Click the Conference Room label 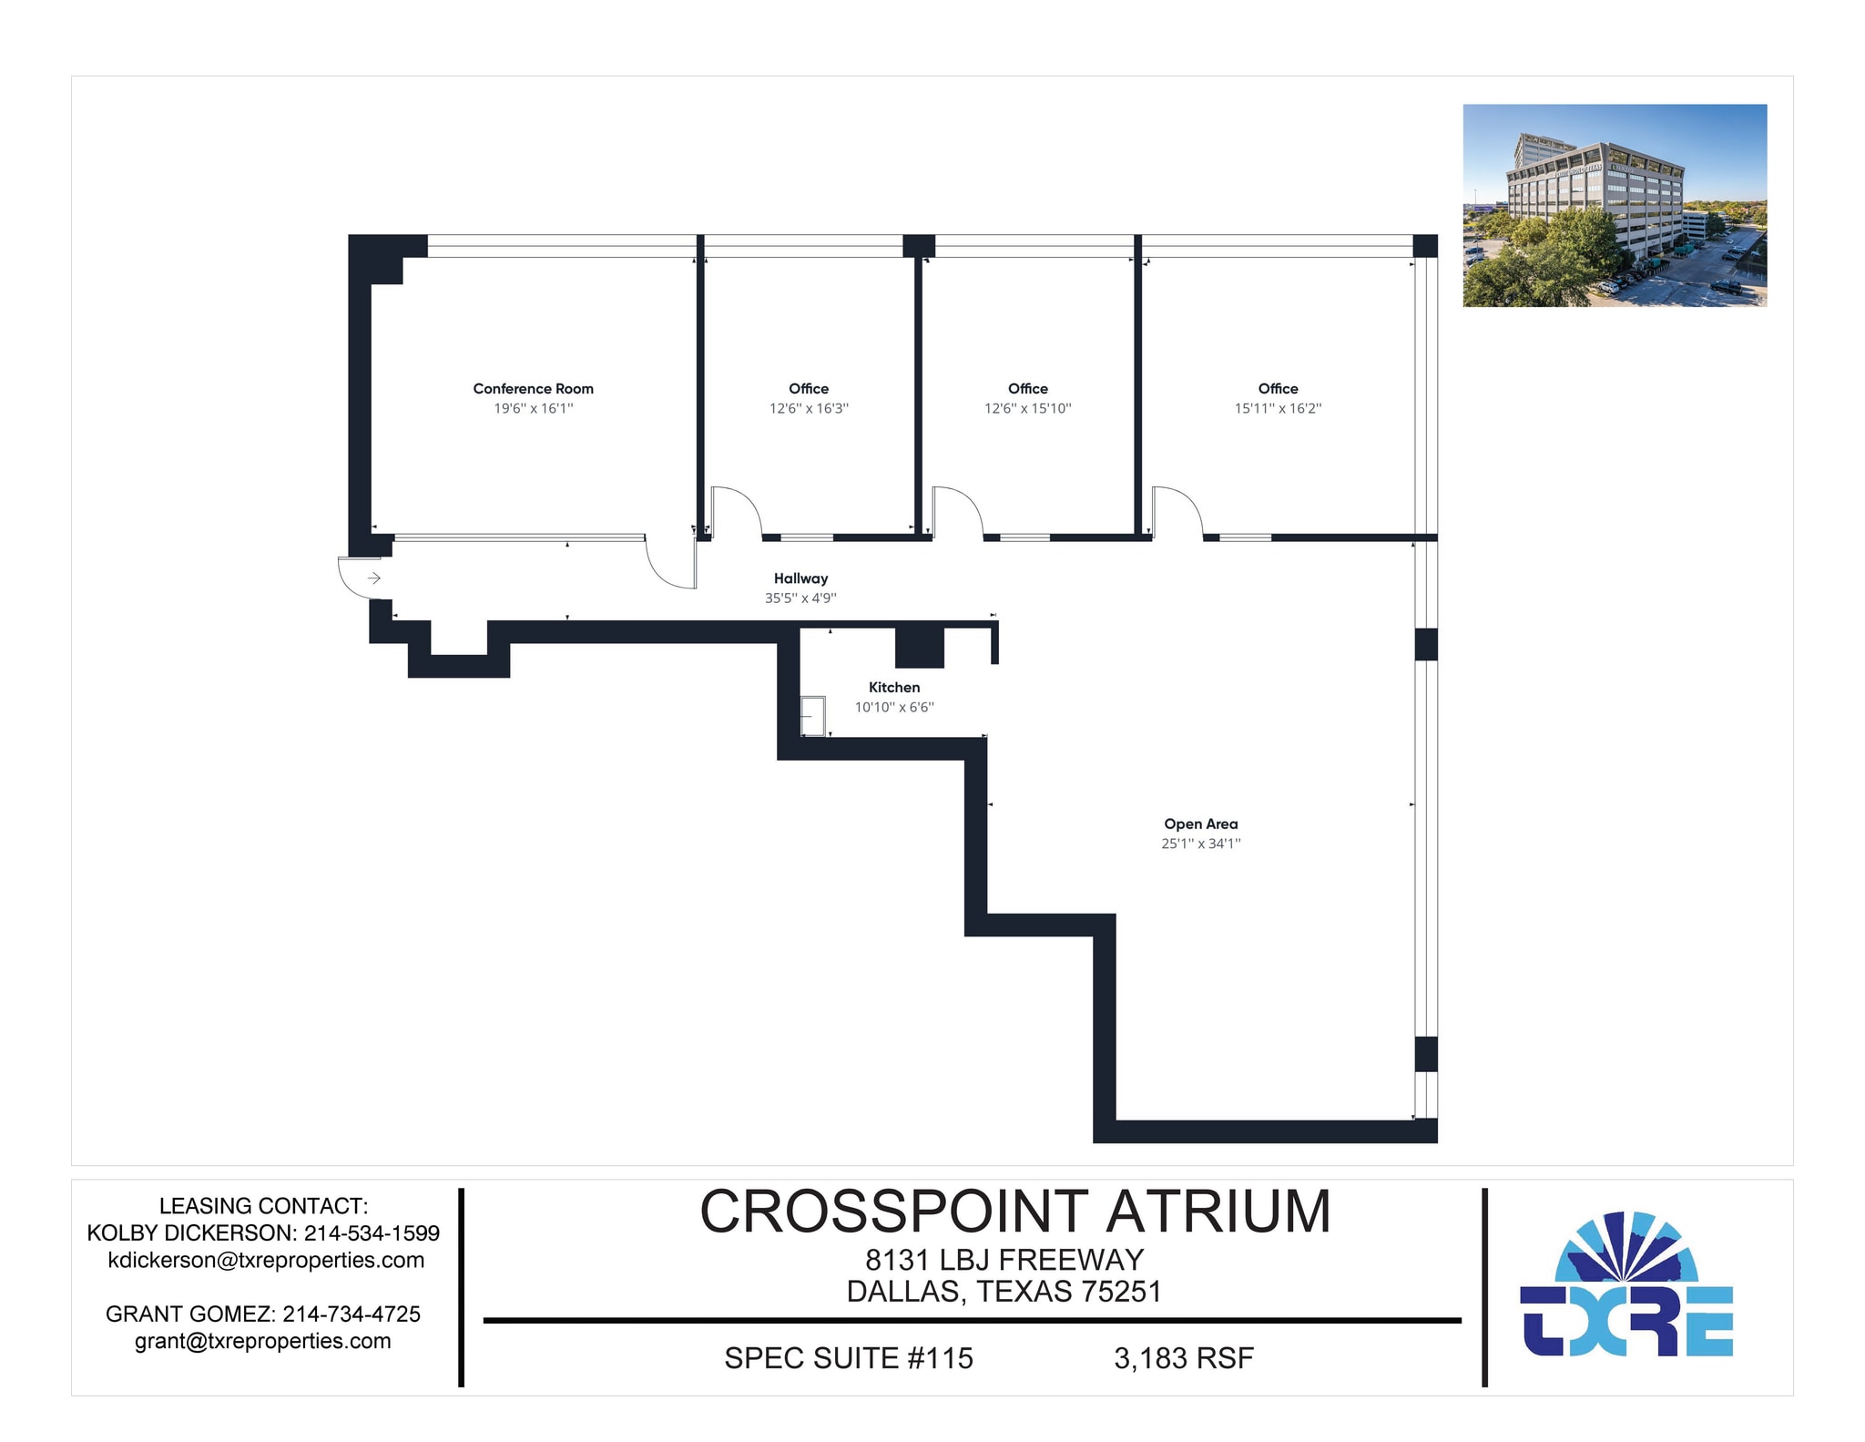tap(533, 388)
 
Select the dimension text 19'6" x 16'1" tap(534, 408)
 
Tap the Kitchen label tap(893, 687)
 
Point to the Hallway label tap(800, 578)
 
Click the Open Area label tap(1200, 823)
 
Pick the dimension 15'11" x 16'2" tap(1278, 408)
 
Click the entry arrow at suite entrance tap(373, 578)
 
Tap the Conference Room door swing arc tap(668, 565)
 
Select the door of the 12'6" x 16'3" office tap(736, 511)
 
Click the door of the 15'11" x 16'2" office tap(1177, 511)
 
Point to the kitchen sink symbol tap(813, 716)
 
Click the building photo tap(1614, 205)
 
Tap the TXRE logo tap(1626, 1285)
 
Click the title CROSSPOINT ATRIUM tap(1014, 1212)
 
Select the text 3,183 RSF tap(1183, 1358)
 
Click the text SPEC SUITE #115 tap(848, 1358)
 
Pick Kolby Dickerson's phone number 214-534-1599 tap(372, 1232)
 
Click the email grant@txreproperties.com tap(263, 1341)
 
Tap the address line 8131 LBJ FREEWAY tap(1004, 1260)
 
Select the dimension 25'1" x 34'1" tap(1200, 844)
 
